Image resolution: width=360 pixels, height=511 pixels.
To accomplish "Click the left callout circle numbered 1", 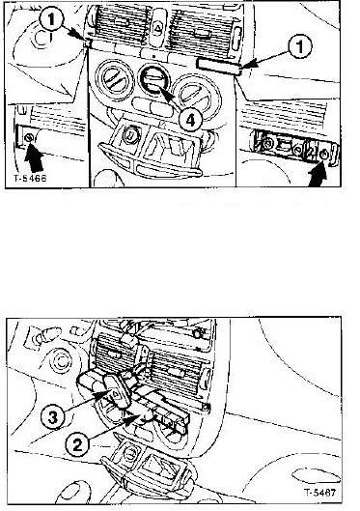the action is [x=51, y=19].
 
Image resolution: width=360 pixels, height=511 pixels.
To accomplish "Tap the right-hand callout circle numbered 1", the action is [x=300, y=46].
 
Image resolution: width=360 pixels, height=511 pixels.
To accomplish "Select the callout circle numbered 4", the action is [x=190, y=120].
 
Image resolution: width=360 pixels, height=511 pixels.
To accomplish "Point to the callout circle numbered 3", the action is [x=52, y=417].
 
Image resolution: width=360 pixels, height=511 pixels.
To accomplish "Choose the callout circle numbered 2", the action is [x=77, y=444].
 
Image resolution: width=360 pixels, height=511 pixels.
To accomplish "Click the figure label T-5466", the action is [x=30, y=179].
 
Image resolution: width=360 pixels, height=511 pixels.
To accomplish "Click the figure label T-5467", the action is [x=320, y=493].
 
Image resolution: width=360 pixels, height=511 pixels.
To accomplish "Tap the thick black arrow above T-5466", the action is [x=34, y=158].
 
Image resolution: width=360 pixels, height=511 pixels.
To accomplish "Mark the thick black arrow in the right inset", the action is [x=318, y=175].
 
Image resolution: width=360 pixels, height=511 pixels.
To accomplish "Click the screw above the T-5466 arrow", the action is [x=29, y=138].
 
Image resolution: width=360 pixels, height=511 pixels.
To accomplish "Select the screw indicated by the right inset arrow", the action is [x=323, y=155].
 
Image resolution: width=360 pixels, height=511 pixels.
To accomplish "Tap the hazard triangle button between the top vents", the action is [x=158, y=28].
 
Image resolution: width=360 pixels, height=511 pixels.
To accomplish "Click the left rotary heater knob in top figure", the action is [x=115, y=80].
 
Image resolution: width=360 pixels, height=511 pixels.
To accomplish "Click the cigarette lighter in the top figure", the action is [x=131, y=134].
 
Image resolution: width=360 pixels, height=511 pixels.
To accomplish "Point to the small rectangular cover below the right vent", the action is [x=218, y=65].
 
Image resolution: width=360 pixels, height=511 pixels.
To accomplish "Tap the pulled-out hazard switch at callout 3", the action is [x=116, y=393].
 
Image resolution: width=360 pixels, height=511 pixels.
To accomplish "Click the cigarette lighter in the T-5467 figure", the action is [x=130, y=452].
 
